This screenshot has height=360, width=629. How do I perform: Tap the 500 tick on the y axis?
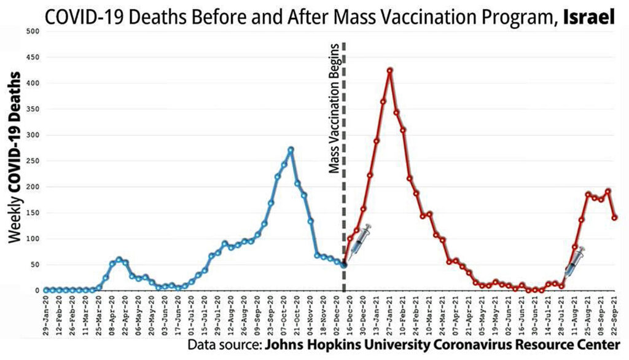(x=33, y=31)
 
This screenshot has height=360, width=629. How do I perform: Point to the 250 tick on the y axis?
(x=33, y=160)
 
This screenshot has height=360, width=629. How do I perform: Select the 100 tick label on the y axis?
(x=33, y=238)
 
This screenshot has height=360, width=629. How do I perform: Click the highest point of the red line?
(x=390, y=70)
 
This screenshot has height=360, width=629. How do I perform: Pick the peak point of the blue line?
(x=291, y=149)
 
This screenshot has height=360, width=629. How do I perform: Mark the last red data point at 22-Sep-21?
(x=614, y=217)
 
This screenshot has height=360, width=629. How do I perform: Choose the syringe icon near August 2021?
(x=574, y=261)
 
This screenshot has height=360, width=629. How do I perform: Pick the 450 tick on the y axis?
(x=33, y=57)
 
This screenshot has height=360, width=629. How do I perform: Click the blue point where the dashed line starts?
(x=343, y=264)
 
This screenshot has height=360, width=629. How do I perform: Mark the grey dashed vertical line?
(x=343, y=184)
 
